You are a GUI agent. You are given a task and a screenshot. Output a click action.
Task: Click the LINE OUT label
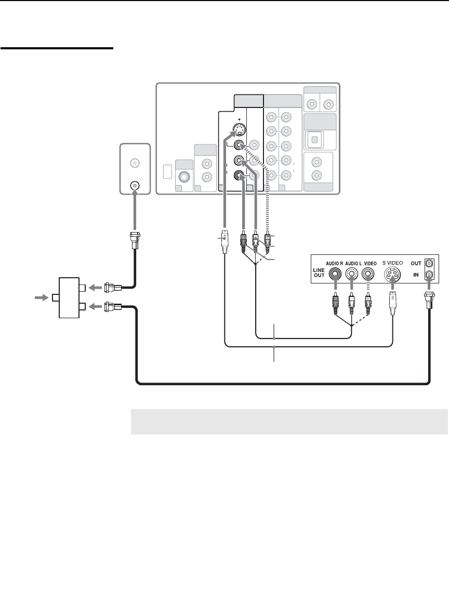319,273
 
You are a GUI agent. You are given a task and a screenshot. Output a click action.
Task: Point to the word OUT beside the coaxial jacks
416,263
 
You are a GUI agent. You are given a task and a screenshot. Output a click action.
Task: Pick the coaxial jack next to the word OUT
430,263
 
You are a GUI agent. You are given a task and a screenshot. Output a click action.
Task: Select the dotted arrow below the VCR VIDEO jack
368,289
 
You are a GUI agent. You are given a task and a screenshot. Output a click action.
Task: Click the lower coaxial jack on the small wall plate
135,185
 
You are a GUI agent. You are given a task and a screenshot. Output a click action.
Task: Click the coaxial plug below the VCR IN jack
429,301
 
